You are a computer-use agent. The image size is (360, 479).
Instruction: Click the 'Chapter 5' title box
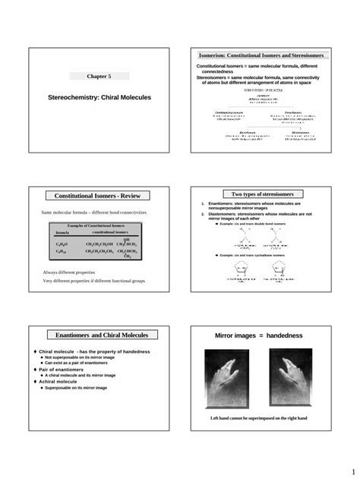click(x=99, y=77)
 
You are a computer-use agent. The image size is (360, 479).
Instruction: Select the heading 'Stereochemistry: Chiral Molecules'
click(x=99, y=98)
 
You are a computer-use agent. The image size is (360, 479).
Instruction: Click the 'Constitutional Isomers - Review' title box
click(x=99, y=196)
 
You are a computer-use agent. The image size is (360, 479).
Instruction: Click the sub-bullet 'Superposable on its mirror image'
click(x=76, y=387)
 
